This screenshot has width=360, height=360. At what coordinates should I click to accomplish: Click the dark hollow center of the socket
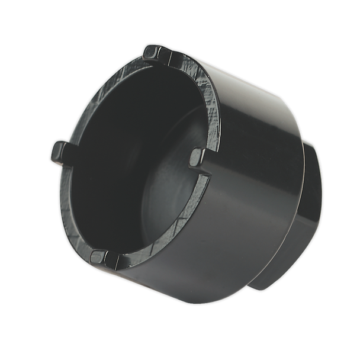tap(118, 154)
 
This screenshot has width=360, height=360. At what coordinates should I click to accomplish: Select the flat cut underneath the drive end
tap(278, 278)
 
